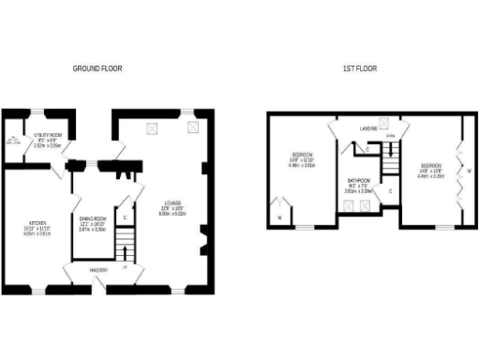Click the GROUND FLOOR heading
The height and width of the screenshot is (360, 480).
[97, 68]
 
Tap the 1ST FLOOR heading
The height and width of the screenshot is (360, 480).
[360, 68]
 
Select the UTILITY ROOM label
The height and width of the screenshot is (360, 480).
[47, 136]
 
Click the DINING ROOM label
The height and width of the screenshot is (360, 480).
[92, 218]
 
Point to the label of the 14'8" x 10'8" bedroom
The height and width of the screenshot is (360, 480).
[431, 171]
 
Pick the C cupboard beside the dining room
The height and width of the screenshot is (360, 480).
[124, 218]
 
